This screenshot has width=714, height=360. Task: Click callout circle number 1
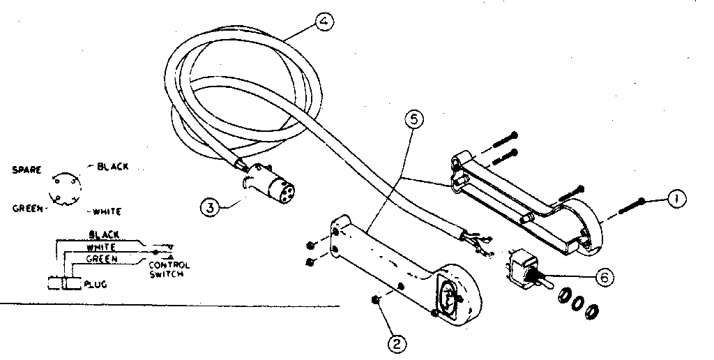pos(674,199)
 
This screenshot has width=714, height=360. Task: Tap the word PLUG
pos(96,285)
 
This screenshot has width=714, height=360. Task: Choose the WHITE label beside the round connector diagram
pos(106,211)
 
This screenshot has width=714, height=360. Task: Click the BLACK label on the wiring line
pos(104,234)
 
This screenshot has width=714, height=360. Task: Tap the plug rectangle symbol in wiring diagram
pos(61,284)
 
